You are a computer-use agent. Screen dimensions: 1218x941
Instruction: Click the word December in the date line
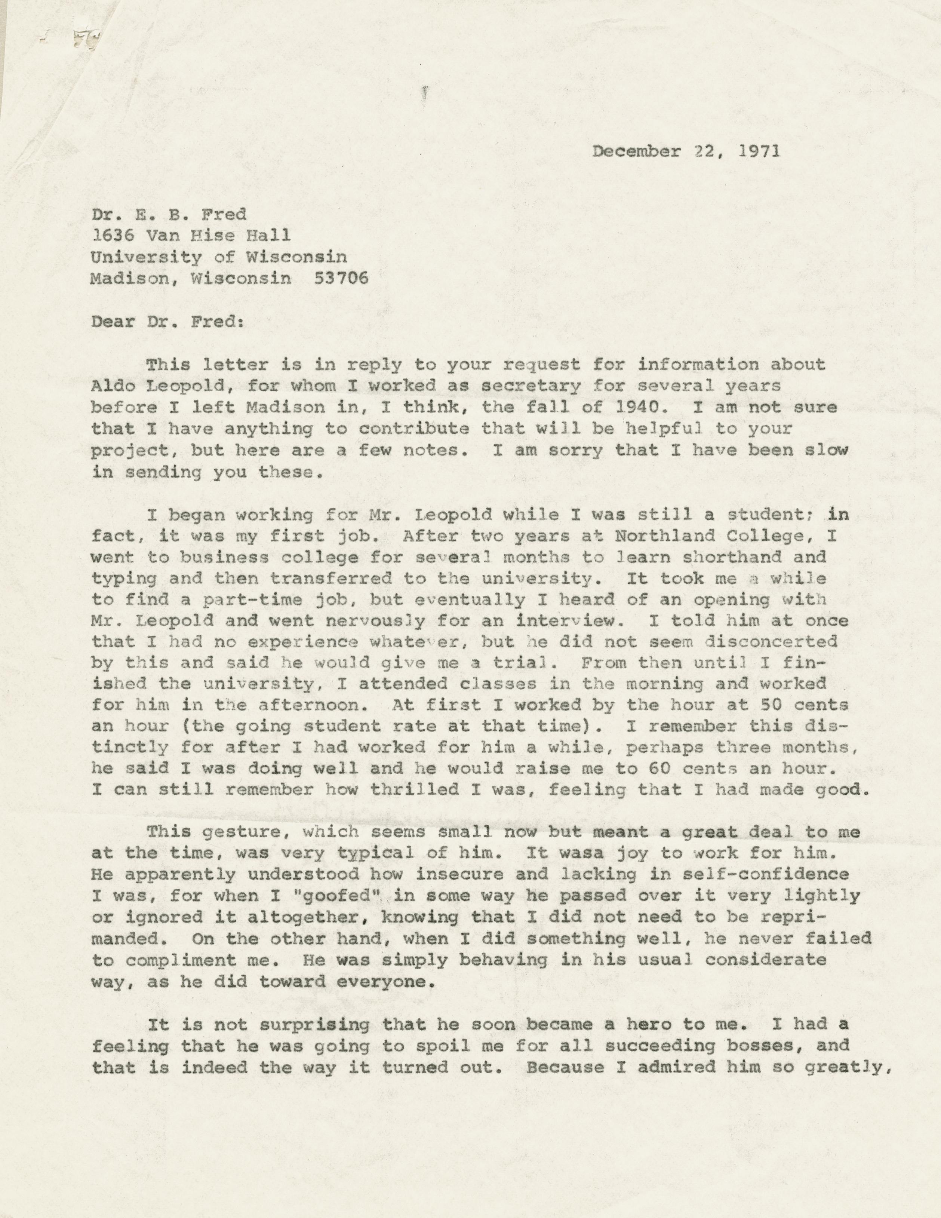tap(636, 152)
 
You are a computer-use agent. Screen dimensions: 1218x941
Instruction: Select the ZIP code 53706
tap(341, 278)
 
